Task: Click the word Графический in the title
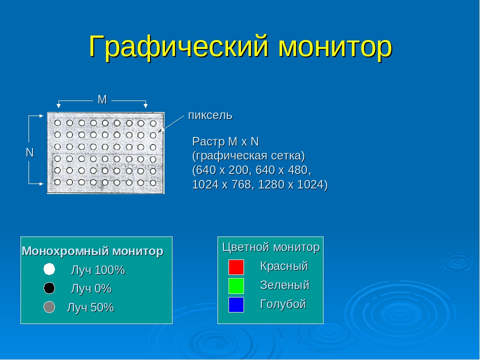click(179, 47)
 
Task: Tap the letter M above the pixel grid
click(102, 99)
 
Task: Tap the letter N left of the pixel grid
click(29, 152)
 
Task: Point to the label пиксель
click(210, 115)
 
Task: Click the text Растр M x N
click(225, 141)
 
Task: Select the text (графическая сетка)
click(248, 156)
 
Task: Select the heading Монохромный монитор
click(92, 251)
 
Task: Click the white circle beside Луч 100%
click(49, 269)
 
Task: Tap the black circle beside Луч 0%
click(49, 288)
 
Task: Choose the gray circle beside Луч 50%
click(49, 307)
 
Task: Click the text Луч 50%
click(90, 307)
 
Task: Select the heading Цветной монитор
click(271, 247)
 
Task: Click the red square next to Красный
click(236, 267)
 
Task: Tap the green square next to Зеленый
click(236, 286)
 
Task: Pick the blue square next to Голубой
click(236, 304)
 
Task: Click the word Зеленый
click(284, 285)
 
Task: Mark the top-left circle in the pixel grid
click(57, 123)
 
